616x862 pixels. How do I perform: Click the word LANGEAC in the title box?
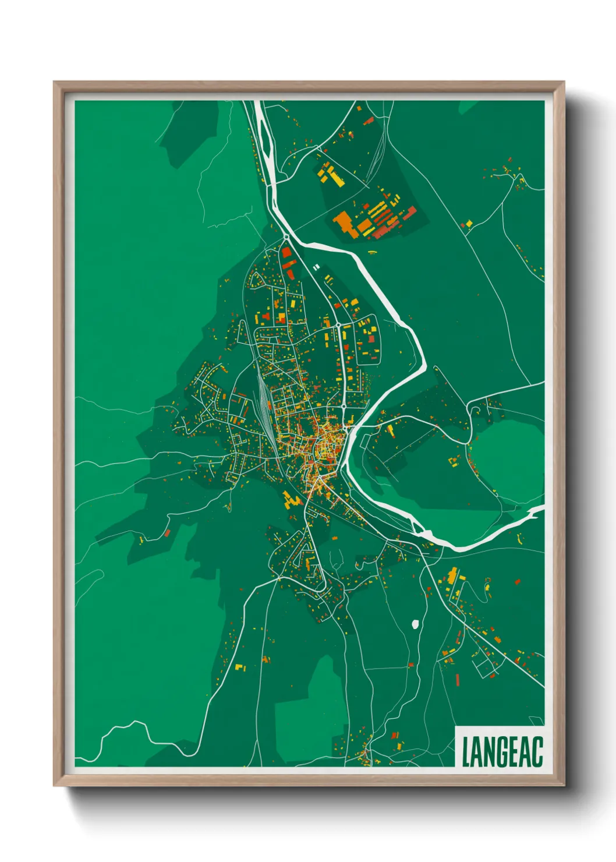(x=502, y=751)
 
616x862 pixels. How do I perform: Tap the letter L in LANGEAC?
(x=466, y=751)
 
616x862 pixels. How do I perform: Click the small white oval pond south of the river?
(x=415, y=624)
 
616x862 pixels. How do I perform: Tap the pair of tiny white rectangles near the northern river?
(x=316, y=267)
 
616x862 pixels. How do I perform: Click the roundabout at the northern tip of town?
(x=286, y=238)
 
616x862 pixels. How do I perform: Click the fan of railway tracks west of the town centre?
(x=265, y=402)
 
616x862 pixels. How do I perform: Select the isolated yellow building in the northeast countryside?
(x=468, y=223)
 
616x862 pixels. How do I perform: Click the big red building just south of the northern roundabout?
(x=286, y=253)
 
